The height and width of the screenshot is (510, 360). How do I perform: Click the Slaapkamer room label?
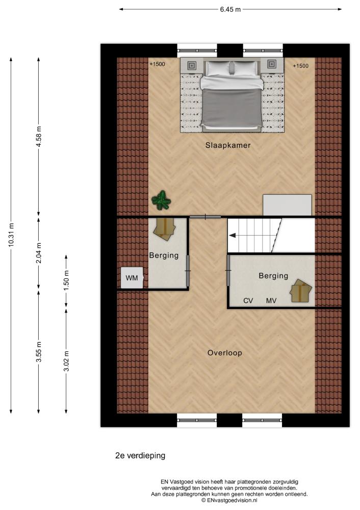pyautogui.click(x=227, y=145)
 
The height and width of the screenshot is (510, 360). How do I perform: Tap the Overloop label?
pyautogui.click(x=225, y=353)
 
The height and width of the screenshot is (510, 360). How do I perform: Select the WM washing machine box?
pyautogui.click(x=132, y=278)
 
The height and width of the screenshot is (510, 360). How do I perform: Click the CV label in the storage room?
pyautogui.click(x=248, y=301)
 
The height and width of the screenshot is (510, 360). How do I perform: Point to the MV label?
pyautogui.click(x=271, y=301)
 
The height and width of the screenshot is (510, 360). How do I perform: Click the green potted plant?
pyautogui.click(x=161, y=200)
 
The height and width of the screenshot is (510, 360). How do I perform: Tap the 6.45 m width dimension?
pyautogui.click(x=230, y=9)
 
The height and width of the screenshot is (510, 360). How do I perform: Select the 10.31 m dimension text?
pyautogui.click(x=11, y=235)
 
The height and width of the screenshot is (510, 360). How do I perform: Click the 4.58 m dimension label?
pyautogui.click(x=39, y=136)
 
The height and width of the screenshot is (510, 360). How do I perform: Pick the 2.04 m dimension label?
pyautogui.click(x=39, y=253)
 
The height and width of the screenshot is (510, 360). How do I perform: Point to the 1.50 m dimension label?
pyautogui.click(x=66, y=280)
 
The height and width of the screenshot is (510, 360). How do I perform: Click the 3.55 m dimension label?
pyautogui.click(x=39, y=352)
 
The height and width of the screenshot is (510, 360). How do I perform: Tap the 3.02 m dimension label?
pyautogui.click(x=66, y=361)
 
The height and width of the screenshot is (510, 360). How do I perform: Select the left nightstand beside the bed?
pyautogui.click(x=192, y=65)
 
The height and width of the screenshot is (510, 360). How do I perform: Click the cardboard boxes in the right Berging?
pyautogui.click(x=301, y=291)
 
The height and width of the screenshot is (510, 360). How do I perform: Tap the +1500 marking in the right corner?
pyautogui.click(x=300, y=66)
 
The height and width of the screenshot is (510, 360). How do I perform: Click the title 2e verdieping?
pyautogui.click(x=140, y=455)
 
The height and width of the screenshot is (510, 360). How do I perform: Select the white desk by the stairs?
pyautogui.click(x=287, y=205)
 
